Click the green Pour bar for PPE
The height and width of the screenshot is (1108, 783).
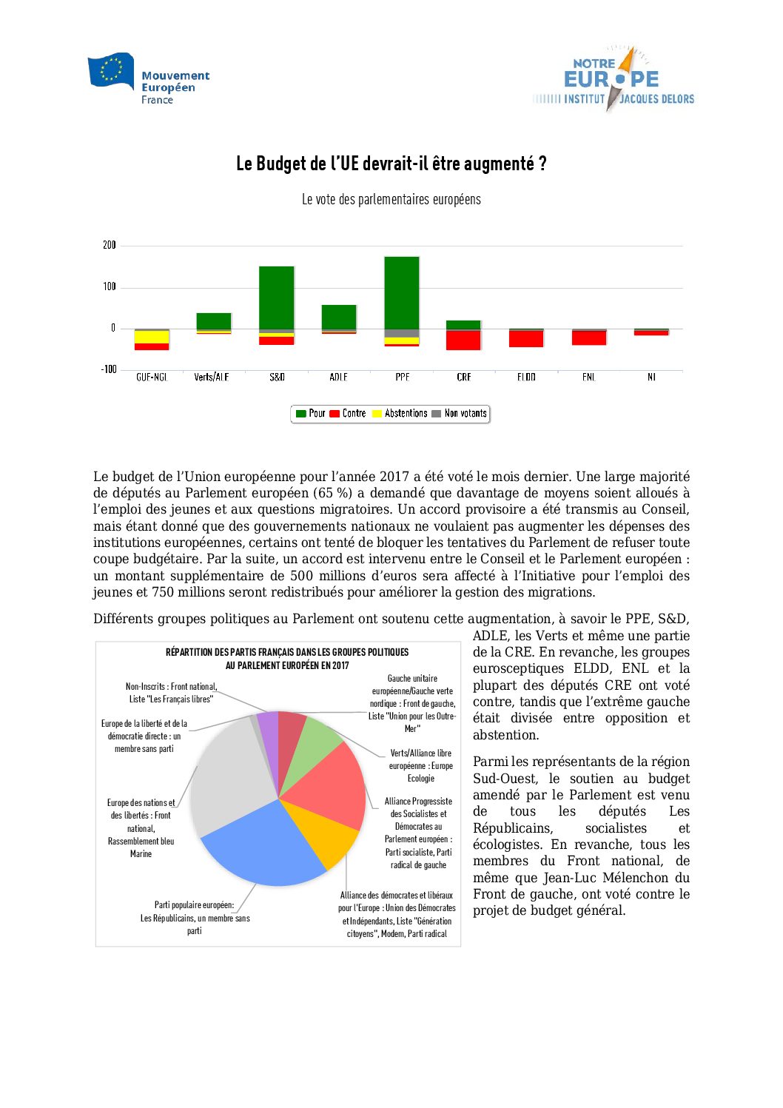click(402, 292)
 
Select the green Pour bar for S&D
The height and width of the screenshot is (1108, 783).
click(277, 297)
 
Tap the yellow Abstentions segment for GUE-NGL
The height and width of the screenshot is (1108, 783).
click(152, 337)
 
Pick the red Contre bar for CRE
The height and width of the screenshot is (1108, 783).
click(464, 340)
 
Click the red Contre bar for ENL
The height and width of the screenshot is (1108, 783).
click(589, 338)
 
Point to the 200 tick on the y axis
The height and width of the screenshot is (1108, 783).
click(110, 245)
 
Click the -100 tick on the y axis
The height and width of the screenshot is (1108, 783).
click(109, 369)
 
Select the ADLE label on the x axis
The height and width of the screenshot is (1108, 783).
click(339, 377)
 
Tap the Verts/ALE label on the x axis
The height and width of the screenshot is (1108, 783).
click(212, 377)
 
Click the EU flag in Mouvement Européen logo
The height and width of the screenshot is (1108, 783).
click(111, 71)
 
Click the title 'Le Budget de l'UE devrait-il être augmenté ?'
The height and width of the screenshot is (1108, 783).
click(391, 164)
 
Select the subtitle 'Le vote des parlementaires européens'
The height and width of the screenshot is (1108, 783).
click(391, 200)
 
